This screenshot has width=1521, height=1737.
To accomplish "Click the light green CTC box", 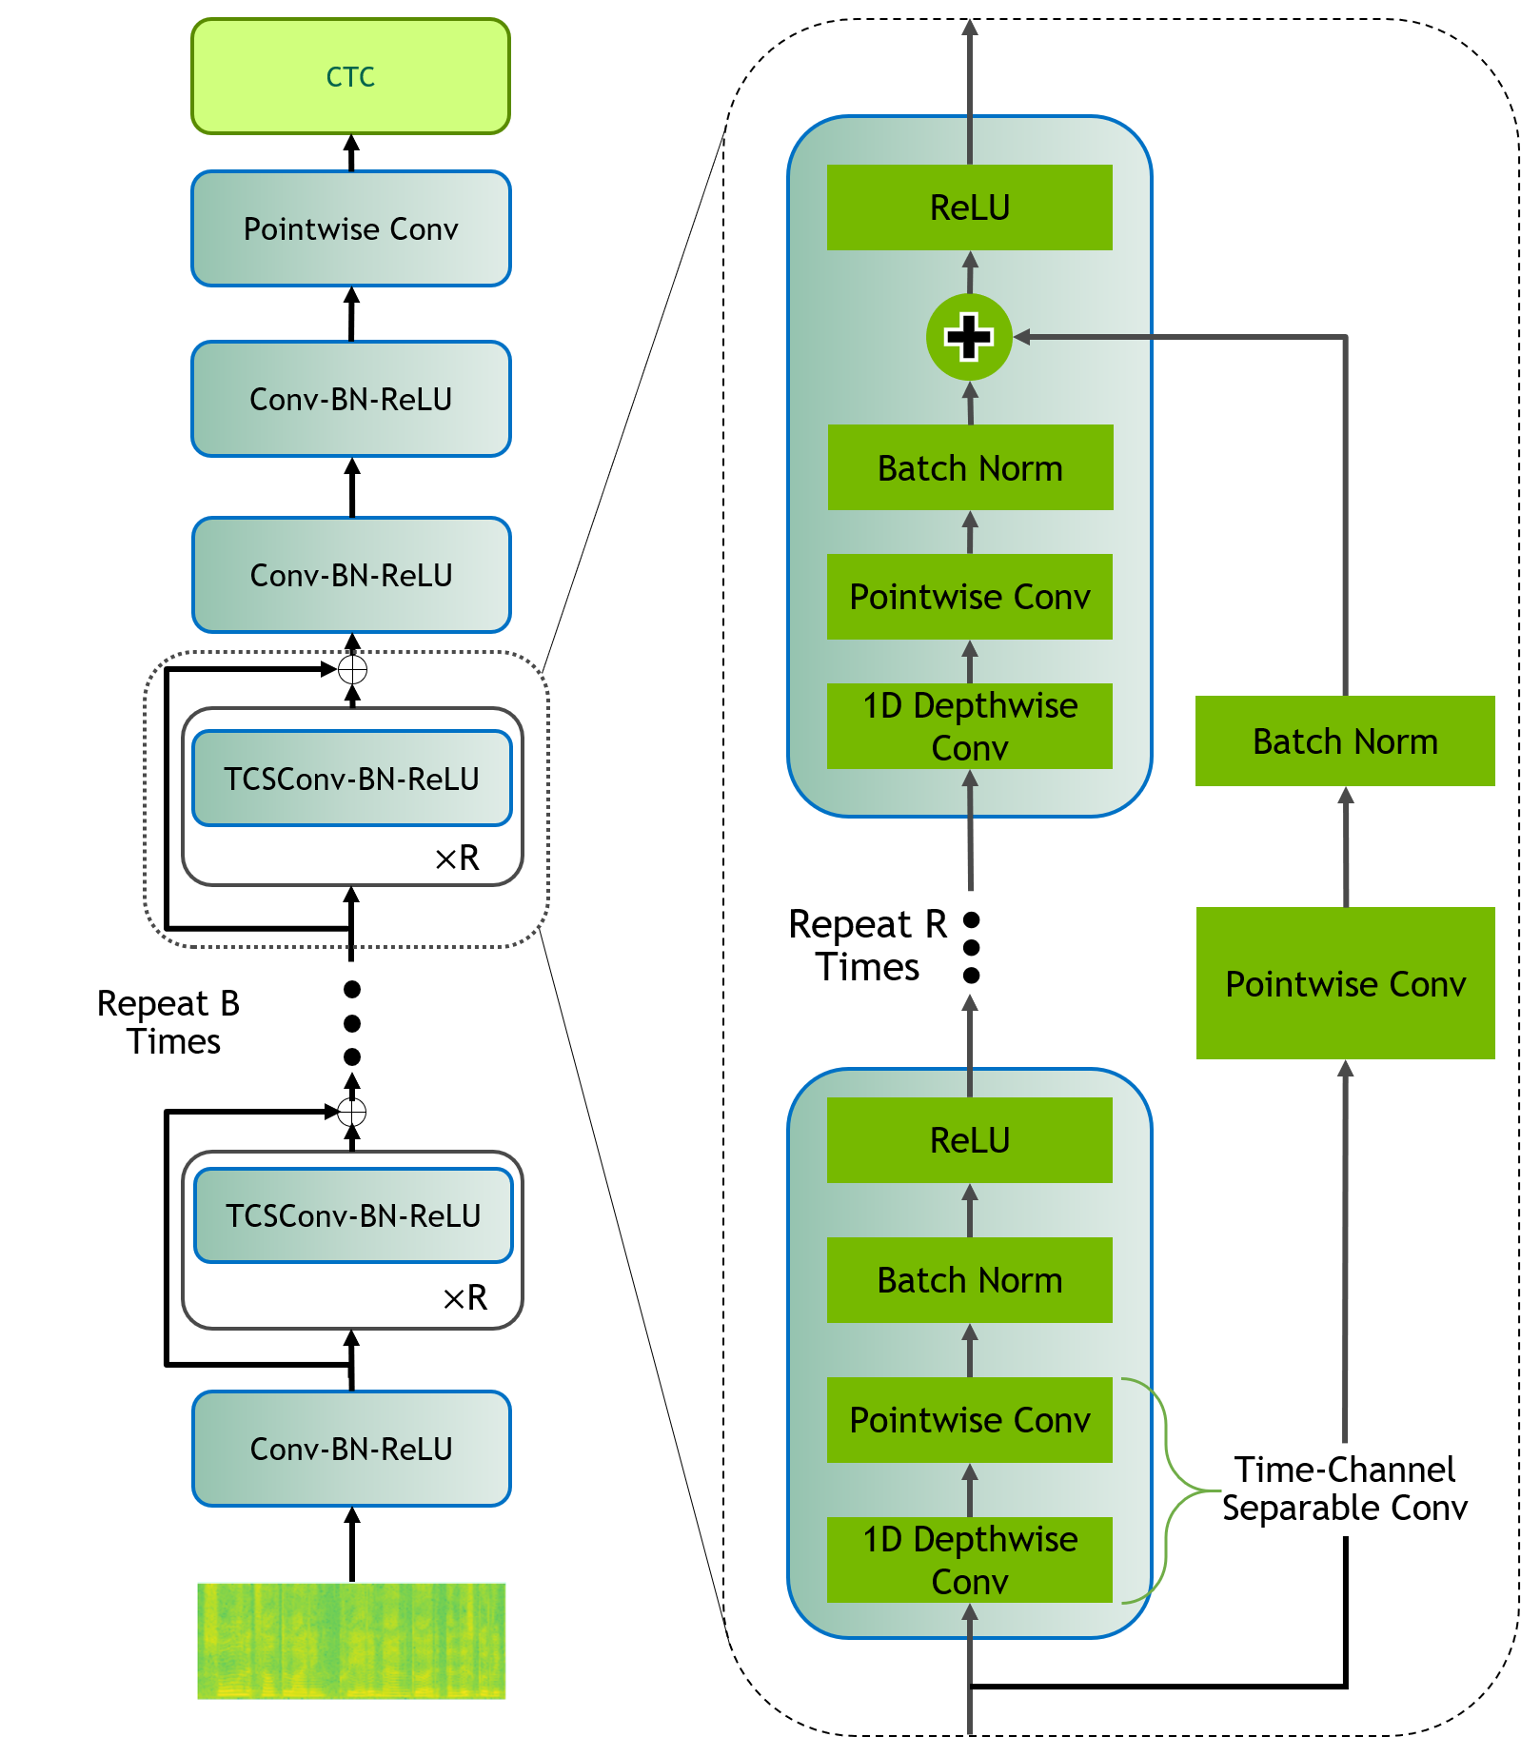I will (350, 76).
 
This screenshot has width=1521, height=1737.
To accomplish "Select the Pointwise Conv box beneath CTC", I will (350, 228).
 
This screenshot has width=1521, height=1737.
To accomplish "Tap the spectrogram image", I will (351, 1643).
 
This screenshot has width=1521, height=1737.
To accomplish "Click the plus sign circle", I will (969, 337).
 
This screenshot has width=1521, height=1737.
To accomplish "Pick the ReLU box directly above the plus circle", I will (969, 207).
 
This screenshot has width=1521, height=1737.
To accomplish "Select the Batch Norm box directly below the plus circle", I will (969, 467).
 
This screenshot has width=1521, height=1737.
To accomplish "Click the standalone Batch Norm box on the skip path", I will (1345, 740).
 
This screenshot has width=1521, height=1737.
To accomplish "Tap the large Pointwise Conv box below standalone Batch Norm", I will (1345, 983).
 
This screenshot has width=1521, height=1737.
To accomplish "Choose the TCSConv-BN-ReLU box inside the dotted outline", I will (351, 778).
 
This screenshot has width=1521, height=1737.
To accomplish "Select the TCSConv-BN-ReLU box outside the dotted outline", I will (352, 1215).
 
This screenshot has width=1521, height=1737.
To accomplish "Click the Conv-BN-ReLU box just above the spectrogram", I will (351, 1449).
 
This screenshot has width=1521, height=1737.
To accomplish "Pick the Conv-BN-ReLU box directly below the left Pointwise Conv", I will (350, 399).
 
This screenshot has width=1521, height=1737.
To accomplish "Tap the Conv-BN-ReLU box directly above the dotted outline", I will (351, 575).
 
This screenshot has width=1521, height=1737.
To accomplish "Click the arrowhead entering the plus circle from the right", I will (1022, 337).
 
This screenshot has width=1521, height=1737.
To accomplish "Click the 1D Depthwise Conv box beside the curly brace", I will (969, 1559).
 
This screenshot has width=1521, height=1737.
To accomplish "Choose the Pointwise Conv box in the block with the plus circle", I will (969, 597).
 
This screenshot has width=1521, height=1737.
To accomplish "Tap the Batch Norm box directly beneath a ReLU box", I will (969, 1280).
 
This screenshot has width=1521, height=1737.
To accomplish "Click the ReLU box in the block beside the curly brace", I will (969, 1140).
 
